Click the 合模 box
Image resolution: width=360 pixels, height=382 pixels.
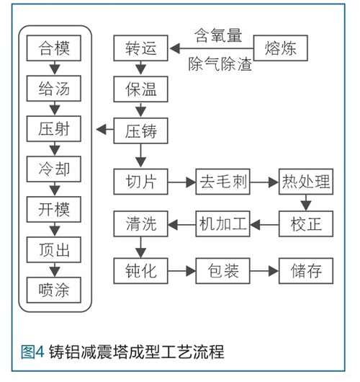(x=54, y=48)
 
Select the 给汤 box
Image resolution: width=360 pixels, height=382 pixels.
(x=54, y=88)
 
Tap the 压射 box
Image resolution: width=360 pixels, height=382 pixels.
(x=54, y=128)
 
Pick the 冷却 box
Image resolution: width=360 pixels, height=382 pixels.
(x=54, y=169)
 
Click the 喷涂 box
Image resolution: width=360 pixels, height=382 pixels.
(x=54, y=290)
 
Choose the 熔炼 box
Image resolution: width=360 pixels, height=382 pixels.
(x=281, y=48)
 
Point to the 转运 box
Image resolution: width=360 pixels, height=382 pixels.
(x=140, y=48)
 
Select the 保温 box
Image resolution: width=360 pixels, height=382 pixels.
(x=140, y=89)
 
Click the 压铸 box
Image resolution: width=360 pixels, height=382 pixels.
(x=140, y=131)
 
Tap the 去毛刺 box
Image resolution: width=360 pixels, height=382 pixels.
(x=223, y=182)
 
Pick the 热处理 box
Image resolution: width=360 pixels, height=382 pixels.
(x=306, y=182)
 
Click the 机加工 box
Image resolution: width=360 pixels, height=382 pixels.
(x=223, y=223)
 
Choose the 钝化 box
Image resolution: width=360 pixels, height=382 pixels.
(x=140, y=271)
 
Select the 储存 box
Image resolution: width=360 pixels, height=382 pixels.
(x=306, y=271)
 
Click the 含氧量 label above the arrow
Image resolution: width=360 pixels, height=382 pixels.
(x=218, y=35)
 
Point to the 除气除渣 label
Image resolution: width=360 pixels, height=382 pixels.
(x=220, y=64)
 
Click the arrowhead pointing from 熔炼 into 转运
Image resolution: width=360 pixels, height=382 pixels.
(x=175, y=48)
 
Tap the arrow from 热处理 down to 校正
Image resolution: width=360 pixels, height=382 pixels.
(x=306, y=203)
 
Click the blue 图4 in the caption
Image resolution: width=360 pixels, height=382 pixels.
(x=32, y=352)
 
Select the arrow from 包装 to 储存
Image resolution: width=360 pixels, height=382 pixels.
(x=264, y=271)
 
